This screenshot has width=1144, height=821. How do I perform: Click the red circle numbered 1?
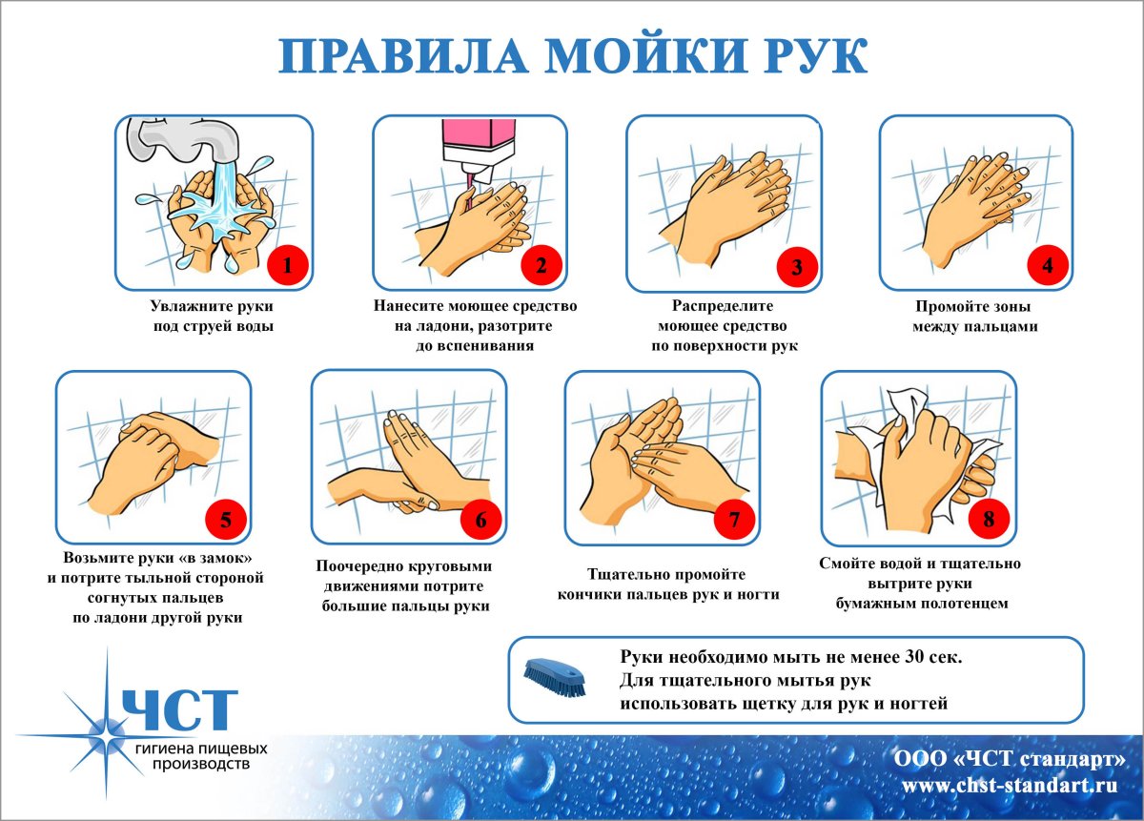287,266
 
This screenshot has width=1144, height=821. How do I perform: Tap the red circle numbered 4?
1048,266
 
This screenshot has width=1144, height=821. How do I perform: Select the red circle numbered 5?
226,520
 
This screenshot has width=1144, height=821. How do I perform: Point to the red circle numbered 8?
989,520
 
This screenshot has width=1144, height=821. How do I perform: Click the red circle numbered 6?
480,520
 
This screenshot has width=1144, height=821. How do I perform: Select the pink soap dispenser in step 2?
477,139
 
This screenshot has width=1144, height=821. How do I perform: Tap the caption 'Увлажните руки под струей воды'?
213,317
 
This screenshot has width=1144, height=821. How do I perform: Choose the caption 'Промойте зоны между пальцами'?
973,317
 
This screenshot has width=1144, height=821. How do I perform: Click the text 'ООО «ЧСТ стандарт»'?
1010,760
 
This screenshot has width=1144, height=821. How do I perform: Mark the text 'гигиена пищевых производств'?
200,756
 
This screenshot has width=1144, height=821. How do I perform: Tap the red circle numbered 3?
797,266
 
